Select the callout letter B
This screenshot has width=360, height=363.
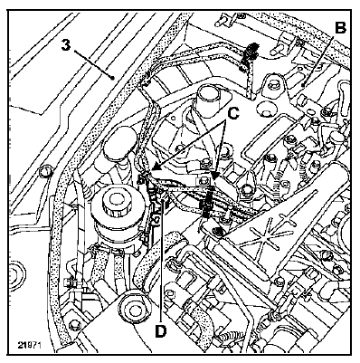pyautogui.click(x=340, y=28)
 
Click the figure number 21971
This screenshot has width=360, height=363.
pyautogui.click(x=29, y=345)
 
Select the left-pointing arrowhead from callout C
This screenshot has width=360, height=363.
pyautogui.click(x=150, y=170)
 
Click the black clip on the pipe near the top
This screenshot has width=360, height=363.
pyautogui.click(x=254, y=49)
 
